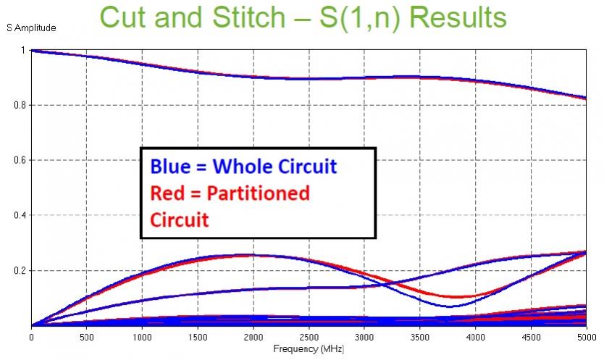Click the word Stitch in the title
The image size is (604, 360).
click(249, 17)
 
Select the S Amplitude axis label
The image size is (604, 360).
click(31, 28)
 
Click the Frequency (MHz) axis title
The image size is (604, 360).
click(309, 349)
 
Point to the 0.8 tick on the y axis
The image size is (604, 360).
click(20, 105)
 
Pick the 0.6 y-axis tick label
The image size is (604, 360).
click(20, 160)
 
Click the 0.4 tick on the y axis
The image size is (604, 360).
click(20, 215)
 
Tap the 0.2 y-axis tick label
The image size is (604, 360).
click(20, 271)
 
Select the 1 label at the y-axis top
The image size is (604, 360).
click(23, 50)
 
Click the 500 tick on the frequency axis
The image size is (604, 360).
click(87, 338)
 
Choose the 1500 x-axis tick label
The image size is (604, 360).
click(198, 338)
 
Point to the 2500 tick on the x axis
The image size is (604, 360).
click(309, 338)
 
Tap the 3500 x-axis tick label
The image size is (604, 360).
click(419, 338)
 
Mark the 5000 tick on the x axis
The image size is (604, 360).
click(587, 338)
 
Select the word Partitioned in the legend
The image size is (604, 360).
click(258, 193)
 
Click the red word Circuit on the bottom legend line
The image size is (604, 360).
click(179, 220)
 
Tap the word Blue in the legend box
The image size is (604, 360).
click(170, 167)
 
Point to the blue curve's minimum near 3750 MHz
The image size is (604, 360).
click(450, 306)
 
